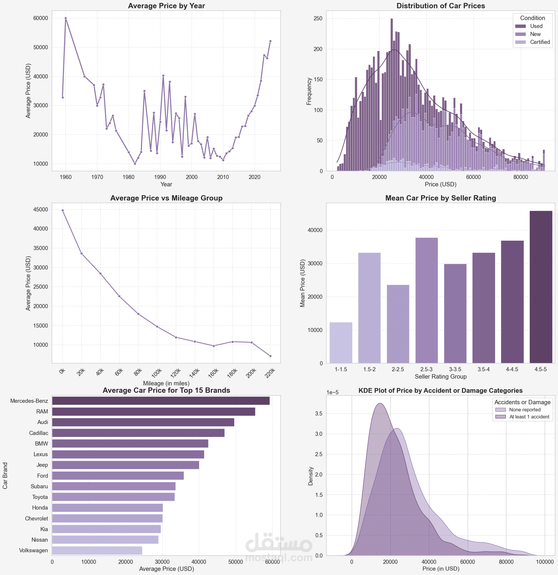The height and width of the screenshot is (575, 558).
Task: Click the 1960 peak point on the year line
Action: point(66,18)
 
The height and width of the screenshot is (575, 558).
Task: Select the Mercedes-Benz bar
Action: point(161,401)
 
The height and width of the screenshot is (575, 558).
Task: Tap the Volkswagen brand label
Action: point(33,551)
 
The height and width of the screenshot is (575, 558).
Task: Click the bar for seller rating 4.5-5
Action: point(541,287)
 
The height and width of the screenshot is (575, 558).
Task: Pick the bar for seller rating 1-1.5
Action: point(341,343)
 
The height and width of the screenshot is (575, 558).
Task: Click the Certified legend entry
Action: point(533,42)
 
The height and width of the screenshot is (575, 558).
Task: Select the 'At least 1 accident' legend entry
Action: point(522,417)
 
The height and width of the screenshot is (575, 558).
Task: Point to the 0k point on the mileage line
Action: point(63,210)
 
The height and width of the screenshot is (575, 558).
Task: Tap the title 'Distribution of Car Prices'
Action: point(441,6)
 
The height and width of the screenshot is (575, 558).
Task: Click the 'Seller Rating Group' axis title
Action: point(441,377)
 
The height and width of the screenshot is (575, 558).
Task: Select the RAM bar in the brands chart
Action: point(154,412)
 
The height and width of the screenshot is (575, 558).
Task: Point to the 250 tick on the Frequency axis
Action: point(318,18)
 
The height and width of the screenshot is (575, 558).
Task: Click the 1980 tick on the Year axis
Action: point(129,177)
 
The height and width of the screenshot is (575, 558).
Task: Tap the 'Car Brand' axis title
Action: point(5,476)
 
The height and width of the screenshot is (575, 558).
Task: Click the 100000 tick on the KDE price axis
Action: point(545,562)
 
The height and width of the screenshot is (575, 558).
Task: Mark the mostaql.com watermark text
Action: point(279,558)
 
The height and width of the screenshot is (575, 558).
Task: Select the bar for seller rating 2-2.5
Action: point(398,324)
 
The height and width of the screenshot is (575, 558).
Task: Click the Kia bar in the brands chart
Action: point(107,529)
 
